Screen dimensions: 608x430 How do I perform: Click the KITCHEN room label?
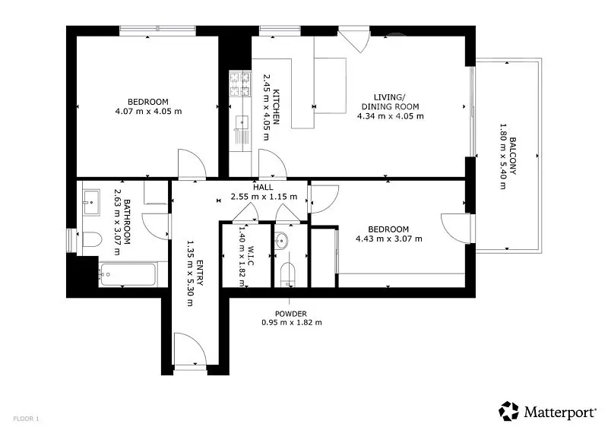(x=277, y=107)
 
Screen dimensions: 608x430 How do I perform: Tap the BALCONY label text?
(x=513, y=156)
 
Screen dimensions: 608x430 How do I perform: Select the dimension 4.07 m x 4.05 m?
(x=148, y=111)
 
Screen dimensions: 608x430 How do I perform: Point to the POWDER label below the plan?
(x=291, y=314)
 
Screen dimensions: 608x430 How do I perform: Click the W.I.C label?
(x=251, y=255)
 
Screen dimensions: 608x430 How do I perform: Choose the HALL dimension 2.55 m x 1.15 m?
(x=264, y=197)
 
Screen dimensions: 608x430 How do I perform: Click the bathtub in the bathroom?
(x=128, y=274)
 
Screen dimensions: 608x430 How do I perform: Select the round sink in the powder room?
(x=281, y=240)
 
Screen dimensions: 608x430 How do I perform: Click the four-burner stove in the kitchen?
(x=240, y=84)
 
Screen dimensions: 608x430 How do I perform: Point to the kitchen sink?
(x=242, y=122)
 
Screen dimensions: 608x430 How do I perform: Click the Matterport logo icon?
(x=508, y=411)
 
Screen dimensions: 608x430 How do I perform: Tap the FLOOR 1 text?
(x=26, y=419)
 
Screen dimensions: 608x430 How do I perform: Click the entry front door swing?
(x=189, y=349)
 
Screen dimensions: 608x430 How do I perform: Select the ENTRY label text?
(x=200, y=273)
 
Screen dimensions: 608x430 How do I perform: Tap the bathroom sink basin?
(x=91, y=202)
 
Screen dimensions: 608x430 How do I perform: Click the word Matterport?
(x=560, y=412)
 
